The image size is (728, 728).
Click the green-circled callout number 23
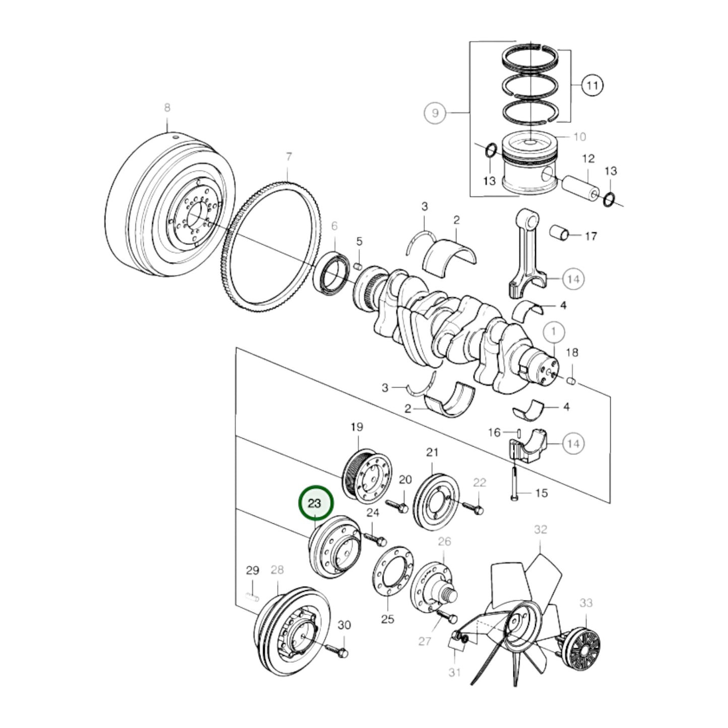pos(315,503)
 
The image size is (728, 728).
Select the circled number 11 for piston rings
pos(592,85)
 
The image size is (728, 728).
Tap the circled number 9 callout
pos(435,113)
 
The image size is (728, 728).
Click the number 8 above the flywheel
pos(167,107)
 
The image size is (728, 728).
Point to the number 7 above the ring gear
pos(289,157)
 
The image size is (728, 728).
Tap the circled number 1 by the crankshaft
pos(554,332)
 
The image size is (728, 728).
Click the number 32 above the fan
pos(540,530)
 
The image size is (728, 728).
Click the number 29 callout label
pos(252,571)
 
